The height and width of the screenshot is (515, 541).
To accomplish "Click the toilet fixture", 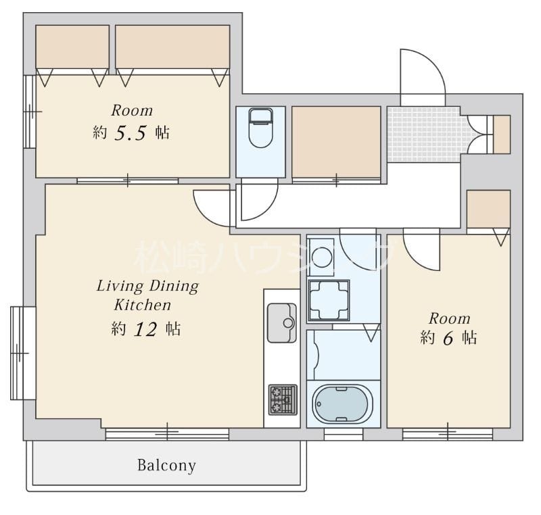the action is (260, 128).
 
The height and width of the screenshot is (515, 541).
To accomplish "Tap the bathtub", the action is (342, 403).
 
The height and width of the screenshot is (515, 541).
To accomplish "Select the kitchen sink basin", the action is (281, 323).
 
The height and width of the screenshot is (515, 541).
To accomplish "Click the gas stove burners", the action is (283, 399).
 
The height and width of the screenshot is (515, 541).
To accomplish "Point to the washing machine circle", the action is (322, 257).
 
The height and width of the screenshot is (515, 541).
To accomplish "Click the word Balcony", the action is (166, 466).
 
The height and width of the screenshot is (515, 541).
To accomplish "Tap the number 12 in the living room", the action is (145, 330).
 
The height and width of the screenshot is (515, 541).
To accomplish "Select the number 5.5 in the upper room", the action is (131, 133).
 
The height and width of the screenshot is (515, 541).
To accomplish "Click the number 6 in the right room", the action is (448, 338).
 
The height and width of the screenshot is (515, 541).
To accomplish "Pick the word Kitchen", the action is (143, 305).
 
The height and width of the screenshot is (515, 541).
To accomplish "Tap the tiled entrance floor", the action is (424, 134).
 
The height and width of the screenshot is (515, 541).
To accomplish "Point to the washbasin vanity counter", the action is (329, 301).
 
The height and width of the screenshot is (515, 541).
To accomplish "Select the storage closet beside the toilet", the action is (336, 142).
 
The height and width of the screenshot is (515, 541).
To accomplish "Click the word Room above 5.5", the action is (132, 111).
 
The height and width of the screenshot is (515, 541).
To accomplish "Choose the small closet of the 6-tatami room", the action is (488, 209).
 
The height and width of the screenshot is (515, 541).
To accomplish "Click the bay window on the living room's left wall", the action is (23, 353).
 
